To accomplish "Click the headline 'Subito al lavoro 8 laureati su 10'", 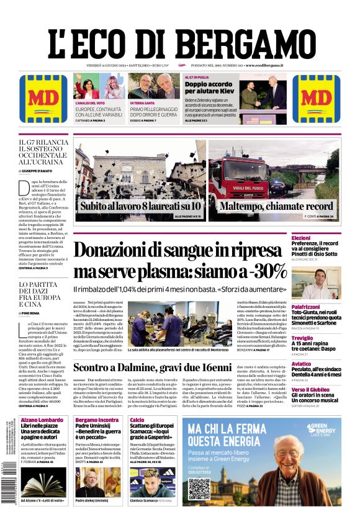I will click(140, 205).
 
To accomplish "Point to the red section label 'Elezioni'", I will click(300, 238).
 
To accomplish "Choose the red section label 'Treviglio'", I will click(302, 338).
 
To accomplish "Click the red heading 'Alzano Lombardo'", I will click(42, 420).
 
